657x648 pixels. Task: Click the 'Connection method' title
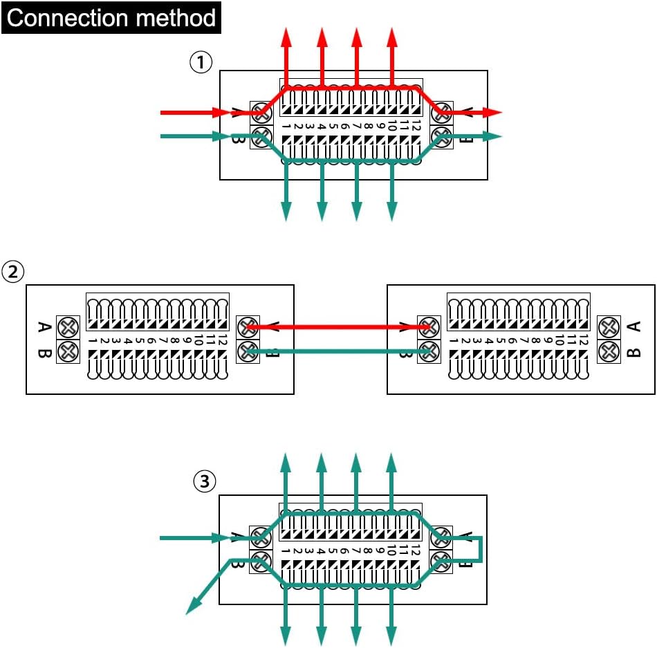[x=111, y=17]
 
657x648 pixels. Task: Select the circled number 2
[x=12, y=272]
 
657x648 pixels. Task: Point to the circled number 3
[x=204, y=482]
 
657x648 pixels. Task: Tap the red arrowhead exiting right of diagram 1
[x=494, y=112]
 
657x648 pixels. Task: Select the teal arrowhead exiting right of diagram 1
[x=493, y=136]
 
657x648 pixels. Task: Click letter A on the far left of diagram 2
[x=44, y=326]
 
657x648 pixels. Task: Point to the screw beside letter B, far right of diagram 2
[x=609, y=351]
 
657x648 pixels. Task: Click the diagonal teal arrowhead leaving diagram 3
[x=193, y=607]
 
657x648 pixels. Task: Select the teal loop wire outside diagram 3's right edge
[x=481, y=550]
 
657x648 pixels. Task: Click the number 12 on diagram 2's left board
[x=223, y=341]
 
